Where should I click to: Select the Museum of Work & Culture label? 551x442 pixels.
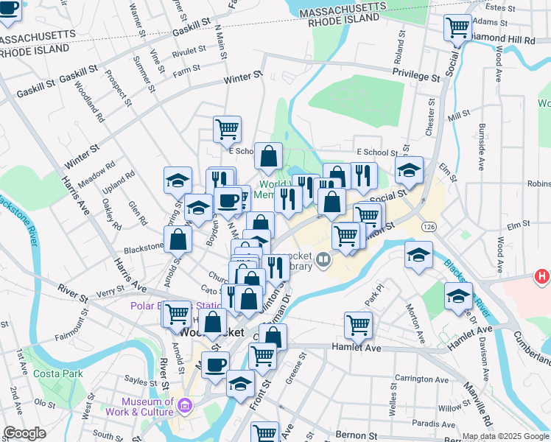point(147,407)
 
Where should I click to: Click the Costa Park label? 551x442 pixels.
point(53,374)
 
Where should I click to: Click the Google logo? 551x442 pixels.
point(25,433)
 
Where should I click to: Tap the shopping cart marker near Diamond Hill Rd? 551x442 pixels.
point(458,28)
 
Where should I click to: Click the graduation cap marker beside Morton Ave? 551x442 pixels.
point(419,255)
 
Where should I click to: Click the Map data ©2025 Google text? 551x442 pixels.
point(505,436)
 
